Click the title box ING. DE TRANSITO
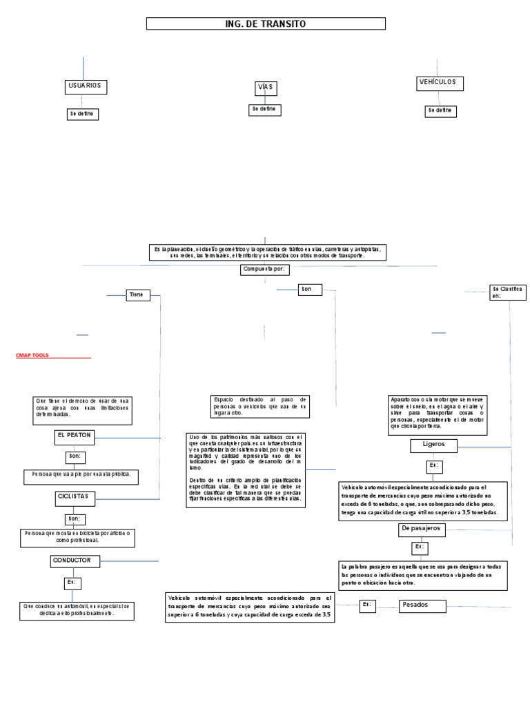[265, 24]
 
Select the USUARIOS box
[84, 86]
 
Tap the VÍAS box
[266, 88]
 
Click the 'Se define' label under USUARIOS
[83, 114]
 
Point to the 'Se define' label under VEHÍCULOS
[440, 110]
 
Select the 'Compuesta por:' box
[265, 269]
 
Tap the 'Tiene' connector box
[136, 294]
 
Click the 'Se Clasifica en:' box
[507, 292]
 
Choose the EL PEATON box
[75, 436]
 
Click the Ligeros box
[434, 445]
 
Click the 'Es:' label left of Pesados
[367, 605]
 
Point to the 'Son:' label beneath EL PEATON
[75, 456]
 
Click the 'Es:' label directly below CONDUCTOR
[73, 583]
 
